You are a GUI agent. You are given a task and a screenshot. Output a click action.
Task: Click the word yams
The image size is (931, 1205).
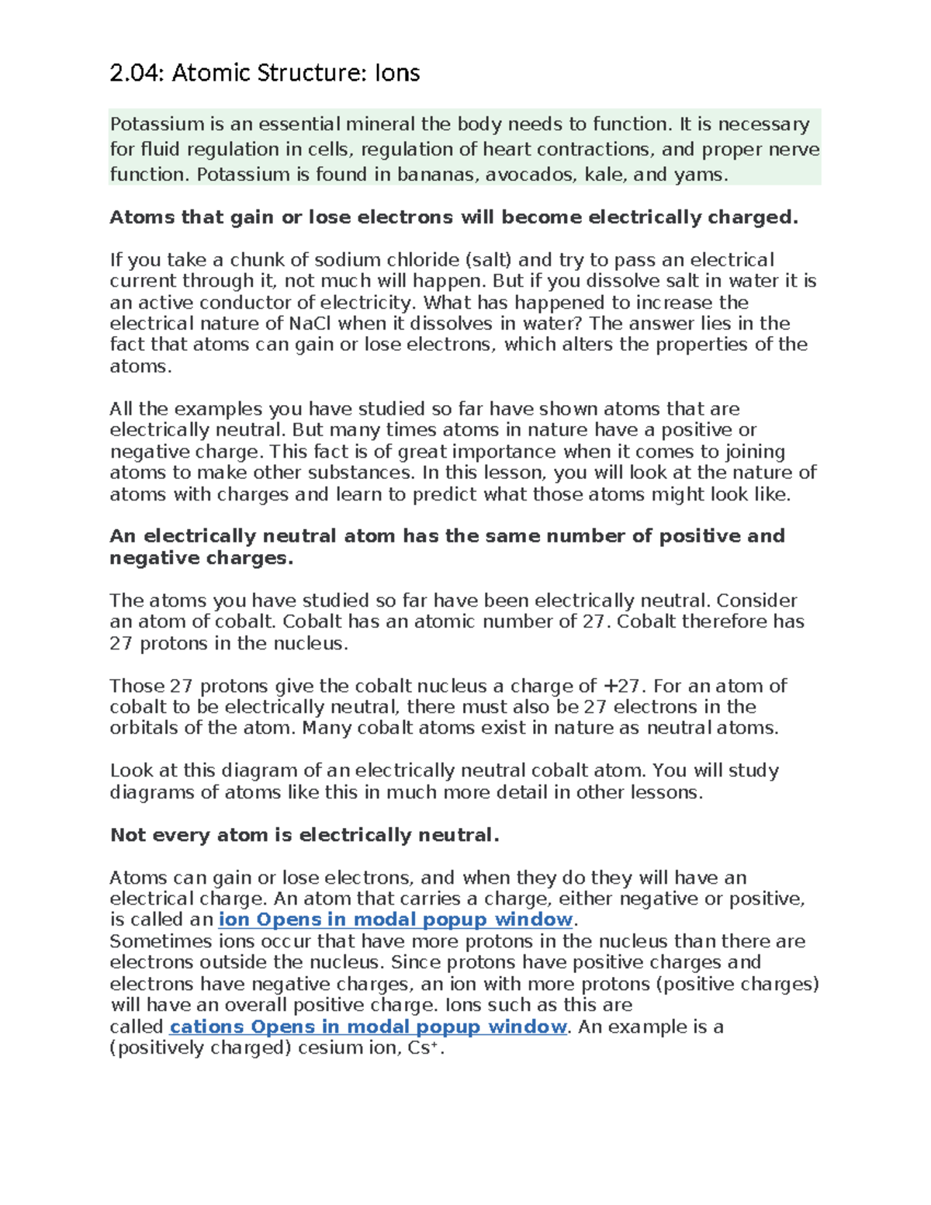[x=700, y=175]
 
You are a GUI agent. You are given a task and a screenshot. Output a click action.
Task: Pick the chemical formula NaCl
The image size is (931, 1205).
[x=310, y=324]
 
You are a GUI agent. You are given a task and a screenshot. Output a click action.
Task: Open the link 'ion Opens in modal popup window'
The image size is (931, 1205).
[x=396, y=920]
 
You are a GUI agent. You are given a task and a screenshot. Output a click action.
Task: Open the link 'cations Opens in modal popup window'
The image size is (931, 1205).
[x=369, y=1027]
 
